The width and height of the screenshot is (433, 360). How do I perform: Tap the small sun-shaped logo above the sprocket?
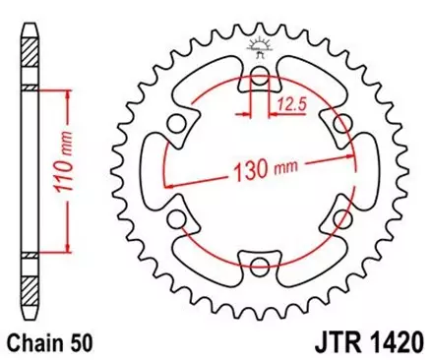[261, 45]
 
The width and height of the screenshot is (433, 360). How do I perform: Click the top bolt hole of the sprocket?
[260, 78]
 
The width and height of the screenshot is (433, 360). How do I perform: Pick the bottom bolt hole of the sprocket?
[260, 262]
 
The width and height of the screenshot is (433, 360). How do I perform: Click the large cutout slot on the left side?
[157, 169]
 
